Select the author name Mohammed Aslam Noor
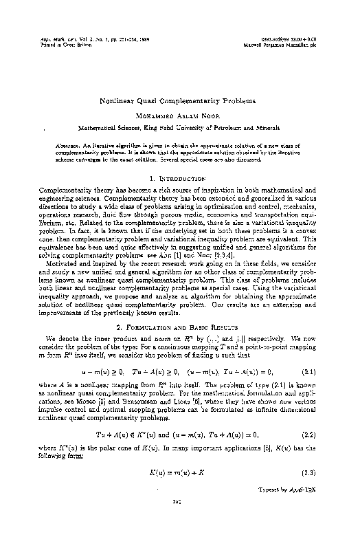point(179,116)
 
